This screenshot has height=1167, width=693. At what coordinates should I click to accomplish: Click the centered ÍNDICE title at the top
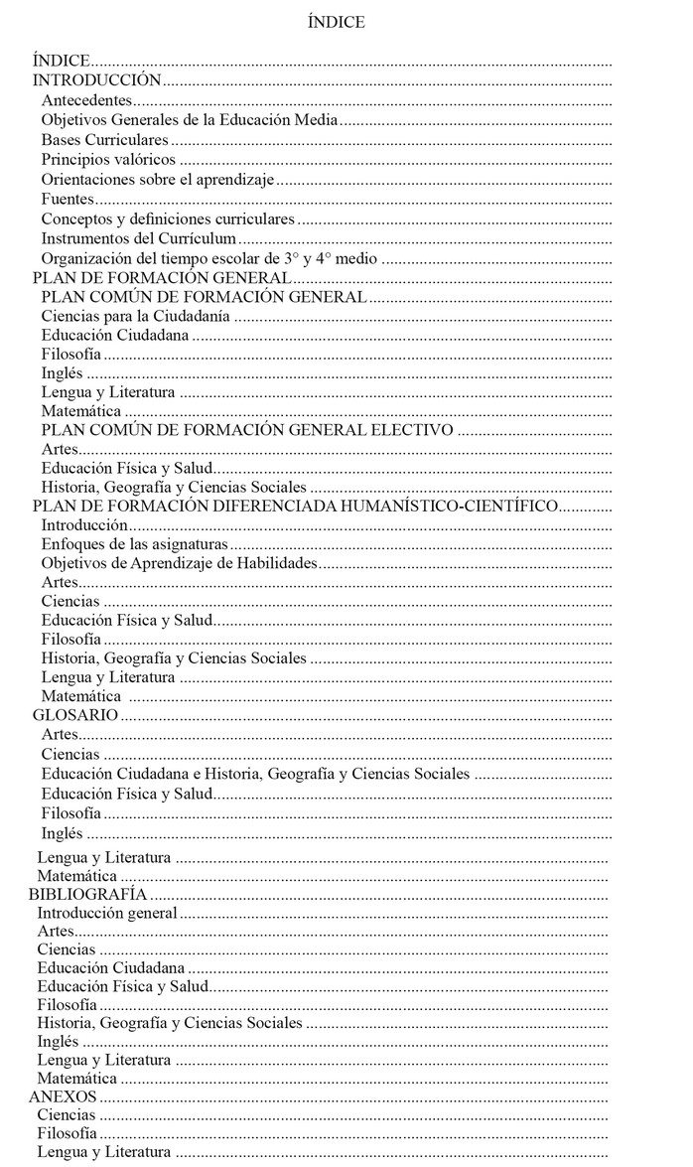pyautogui.click(x=336, y=22)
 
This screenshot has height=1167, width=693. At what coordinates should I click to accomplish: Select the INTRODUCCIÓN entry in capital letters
pyautogui.click(x=96, y=80)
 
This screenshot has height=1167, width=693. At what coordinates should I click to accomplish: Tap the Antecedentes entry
pyautogui.click(x=86, y=100)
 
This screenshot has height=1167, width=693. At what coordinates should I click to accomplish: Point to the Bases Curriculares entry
pyautogui.click(x=104, y=140)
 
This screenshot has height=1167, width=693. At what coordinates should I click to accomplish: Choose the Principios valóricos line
pyautogui.click(x=108, y=159)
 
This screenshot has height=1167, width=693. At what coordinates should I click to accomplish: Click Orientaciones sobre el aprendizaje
pyautogui.click(x=157, y=179)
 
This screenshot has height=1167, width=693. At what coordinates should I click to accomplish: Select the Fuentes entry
pyautogui.click(x=68, y=199)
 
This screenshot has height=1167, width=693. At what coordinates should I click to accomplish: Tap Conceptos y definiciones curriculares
pyautogui.click(x=168, y=219)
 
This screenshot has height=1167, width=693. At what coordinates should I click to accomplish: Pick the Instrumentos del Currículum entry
pyautogui.click(x=139, y=238)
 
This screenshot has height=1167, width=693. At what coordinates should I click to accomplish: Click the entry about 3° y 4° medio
pyautogui.click(x=209, y=258)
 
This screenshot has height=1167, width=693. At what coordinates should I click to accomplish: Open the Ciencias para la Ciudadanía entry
pyautogui.click(x=136, y=316)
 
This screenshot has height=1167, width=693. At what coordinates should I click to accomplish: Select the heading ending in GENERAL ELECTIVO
pyautogui.click(x=247, y=430)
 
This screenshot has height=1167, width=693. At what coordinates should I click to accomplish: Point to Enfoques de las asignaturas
pyautogui.click(x=135, y=544)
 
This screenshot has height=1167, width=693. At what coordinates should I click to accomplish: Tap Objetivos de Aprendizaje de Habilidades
pyautogui.click(x=179, y=563)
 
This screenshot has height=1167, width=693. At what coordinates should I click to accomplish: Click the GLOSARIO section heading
pyautogui.click(x=76, y=714)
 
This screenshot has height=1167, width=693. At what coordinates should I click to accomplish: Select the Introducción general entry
pyautogui.click(x=107, y=913)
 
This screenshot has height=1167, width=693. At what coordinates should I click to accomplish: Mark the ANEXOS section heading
pyautogui.click(x=63, y=1096)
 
